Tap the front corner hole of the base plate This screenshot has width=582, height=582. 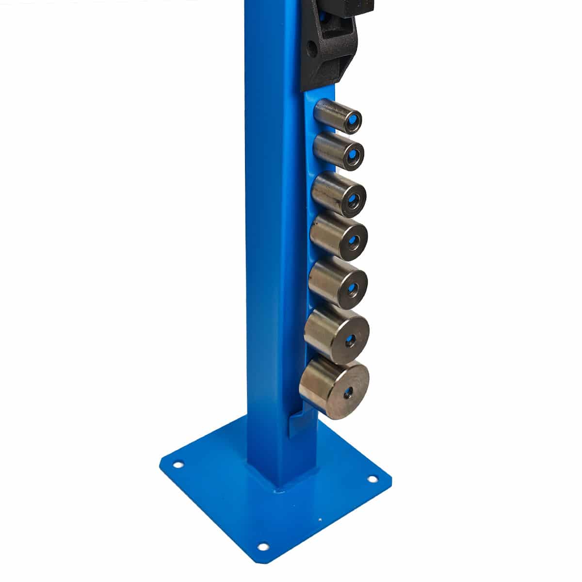[263, 547]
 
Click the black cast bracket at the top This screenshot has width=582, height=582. [330, 44]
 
